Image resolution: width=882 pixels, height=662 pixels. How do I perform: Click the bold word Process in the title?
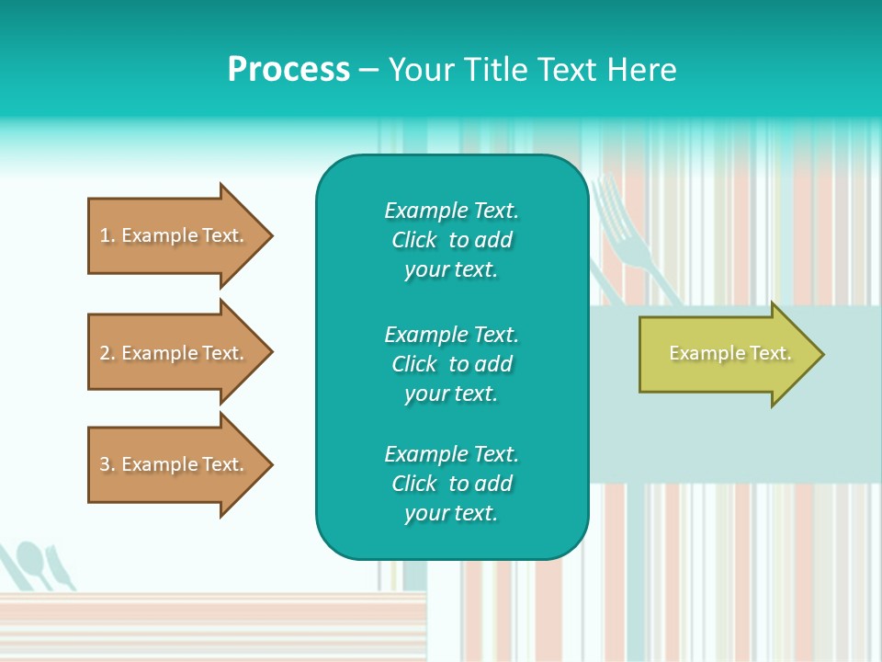pyautogui.click(x=288, y=70)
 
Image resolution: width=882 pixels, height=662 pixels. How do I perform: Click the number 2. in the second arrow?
pyautogui.click(x=107, y=353)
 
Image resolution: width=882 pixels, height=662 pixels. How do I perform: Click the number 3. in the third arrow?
pyautogui.click(x=107, y=464)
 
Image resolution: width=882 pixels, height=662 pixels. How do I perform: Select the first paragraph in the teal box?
pyautogui.click(x=451, y=240)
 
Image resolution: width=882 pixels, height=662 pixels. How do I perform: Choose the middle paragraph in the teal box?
pyautogui.click(x=451, y=364)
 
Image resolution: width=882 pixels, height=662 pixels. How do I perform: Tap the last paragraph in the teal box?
pyautogui.click(x=451, y=484)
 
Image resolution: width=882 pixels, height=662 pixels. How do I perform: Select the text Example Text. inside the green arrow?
pyautogui.click(x=729, y=353)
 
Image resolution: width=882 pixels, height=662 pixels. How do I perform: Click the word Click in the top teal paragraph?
pyautogui.click(x=413, y=240)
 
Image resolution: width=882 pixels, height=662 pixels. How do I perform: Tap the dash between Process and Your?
pyautogui.click(x=368, y=70)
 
